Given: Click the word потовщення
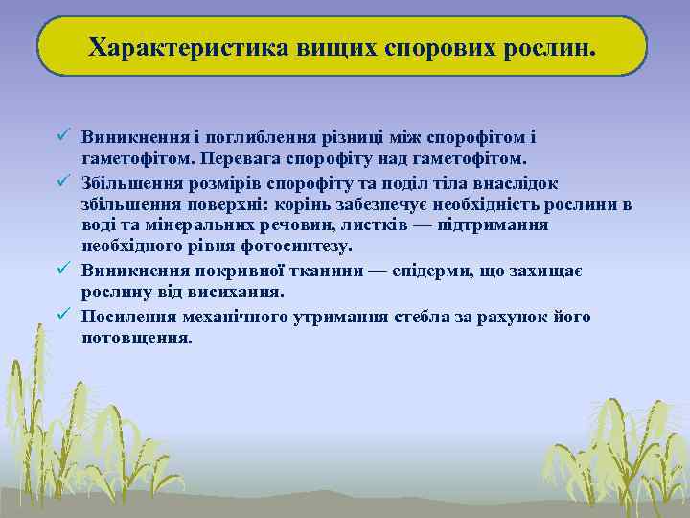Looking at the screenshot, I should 137,338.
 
